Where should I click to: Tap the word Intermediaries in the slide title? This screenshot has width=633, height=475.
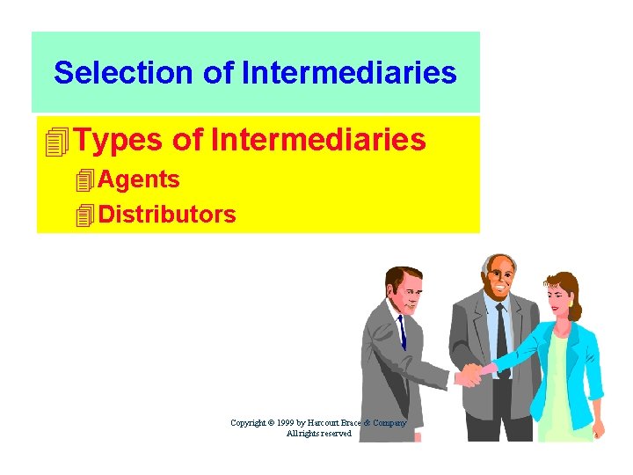[349, 72]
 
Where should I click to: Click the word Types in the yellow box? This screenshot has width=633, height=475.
[118, 139]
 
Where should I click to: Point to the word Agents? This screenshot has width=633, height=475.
[139, 179]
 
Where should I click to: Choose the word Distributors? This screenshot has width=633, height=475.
[167, 214]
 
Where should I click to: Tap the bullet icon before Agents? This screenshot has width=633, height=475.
[85, 181]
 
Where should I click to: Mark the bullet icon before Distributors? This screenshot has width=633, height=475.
[85, 215]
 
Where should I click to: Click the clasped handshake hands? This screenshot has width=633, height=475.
[473, 375]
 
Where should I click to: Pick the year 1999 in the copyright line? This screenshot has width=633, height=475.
[280, 423]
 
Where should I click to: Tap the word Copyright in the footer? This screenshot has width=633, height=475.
[247, 423]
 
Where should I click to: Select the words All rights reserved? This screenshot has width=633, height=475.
[318, 434]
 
